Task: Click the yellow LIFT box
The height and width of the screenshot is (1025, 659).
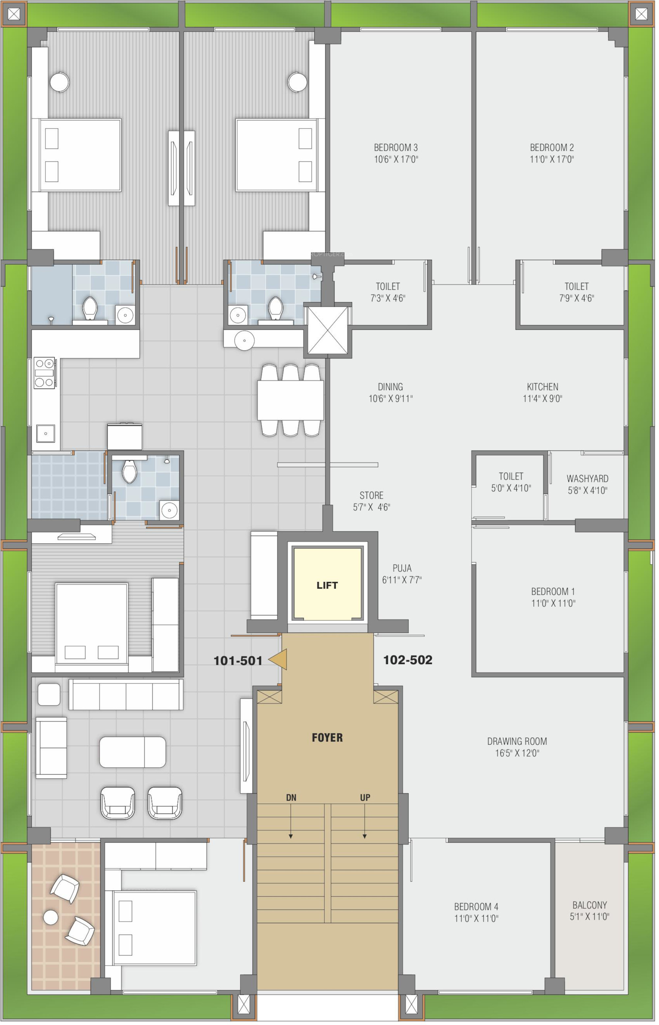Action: tap(328, 585)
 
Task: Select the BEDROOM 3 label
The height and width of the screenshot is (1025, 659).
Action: tap(396, 148)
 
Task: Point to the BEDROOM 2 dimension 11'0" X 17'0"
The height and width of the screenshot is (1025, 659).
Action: tap(552, 159)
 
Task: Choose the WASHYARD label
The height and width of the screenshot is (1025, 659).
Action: tap(587, 479)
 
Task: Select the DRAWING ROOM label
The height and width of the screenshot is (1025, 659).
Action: tap(517, 741)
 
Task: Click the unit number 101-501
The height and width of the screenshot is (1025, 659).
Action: tap(238, 661)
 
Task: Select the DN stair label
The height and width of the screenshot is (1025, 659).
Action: tap(291, 797)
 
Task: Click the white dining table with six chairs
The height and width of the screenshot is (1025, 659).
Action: tap(291, 400)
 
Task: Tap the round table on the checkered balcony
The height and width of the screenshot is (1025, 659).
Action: tap(51, 917)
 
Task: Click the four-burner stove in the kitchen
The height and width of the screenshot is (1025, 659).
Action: tap(44, 373)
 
